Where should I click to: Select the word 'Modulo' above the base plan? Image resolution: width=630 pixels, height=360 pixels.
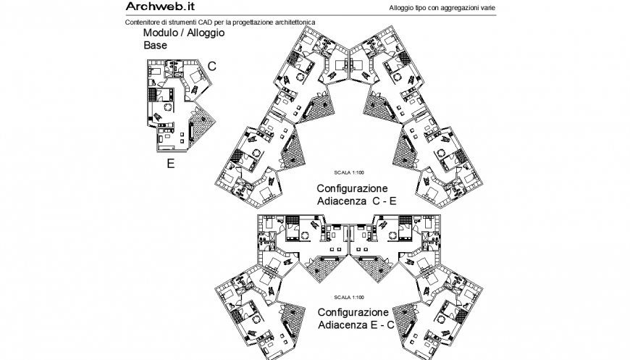162,33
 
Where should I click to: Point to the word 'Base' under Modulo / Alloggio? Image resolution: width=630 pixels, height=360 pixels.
155,45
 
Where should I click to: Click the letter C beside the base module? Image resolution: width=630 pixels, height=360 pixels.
212,66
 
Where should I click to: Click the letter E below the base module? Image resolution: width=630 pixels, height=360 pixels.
171,163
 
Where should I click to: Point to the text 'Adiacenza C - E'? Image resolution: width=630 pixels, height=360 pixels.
356,201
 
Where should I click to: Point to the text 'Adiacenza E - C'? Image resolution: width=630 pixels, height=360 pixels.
356,325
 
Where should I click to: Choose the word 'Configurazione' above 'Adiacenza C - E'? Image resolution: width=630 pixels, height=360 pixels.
352,188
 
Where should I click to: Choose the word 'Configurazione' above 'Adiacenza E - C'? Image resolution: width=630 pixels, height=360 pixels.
352,311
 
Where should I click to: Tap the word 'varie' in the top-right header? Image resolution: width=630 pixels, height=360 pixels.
487,8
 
